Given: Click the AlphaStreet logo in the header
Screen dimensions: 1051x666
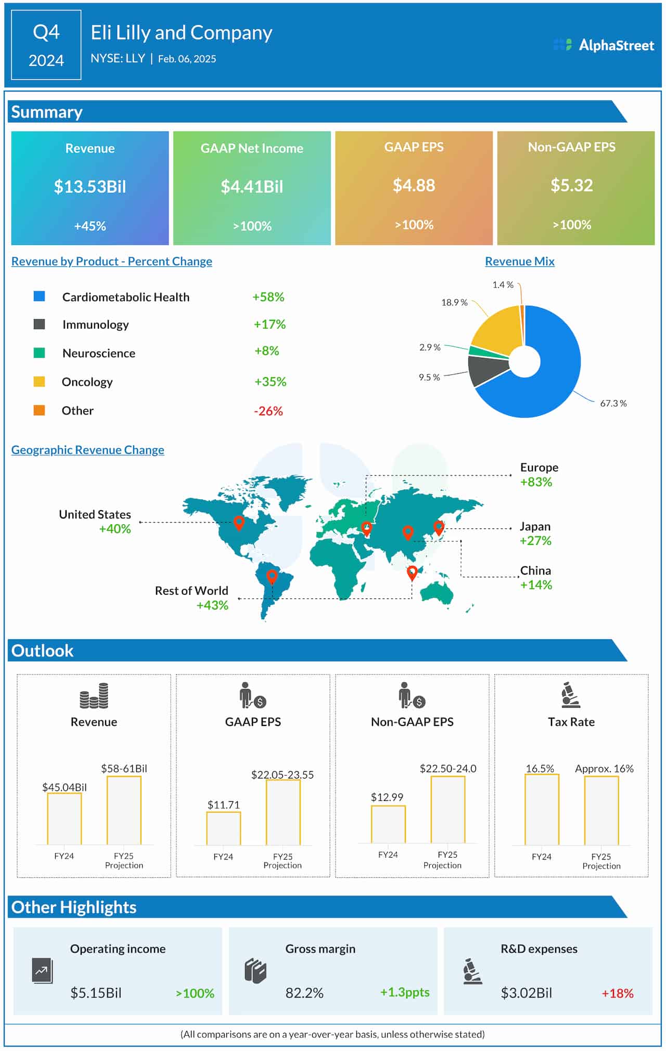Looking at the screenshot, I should click(x=604, y=45).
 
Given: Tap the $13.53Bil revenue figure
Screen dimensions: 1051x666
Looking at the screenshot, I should click(x=90, y=187).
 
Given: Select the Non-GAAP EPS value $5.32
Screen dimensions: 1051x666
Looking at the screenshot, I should click(x=571, y=186).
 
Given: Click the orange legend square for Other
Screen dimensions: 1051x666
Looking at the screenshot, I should click(x=39, y=410).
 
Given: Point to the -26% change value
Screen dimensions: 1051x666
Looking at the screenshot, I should click(x=268, y=411).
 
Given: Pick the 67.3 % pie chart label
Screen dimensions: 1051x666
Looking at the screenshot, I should click(x=613, y=404).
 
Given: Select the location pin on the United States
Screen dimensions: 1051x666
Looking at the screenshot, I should click(x=239, y=522).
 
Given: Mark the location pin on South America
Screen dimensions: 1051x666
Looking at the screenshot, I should click(x=272, y=576).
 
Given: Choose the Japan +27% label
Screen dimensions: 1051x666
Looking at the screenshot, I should click(x=535, y=534).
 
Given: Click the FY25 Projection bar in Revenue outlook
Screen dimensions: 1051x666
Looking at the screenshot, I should click(x=124, y=810).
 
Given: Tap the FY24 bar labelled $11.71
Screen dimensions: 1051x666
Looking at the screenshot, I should click(x=223, y=828).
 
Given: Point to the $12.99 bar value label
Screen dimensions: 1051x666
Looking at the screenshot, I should click(x=387, y=797).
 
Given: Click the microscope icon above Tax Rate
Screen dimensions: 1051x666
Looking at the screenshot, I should click(x=571, y=695).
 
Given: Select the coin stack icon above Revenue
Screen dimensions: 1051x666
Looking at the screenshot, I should click(x=94, y=696).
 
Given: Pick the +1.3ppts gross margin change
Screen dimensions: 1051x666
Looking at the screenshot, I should click(x=405, y=992).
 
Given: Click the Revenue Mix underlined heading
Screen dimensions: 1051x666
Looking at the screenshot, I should click(x=519, y=262).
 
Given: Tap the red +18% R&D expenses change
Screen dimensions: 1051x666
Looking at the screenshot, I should click(x=617, y=993).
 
